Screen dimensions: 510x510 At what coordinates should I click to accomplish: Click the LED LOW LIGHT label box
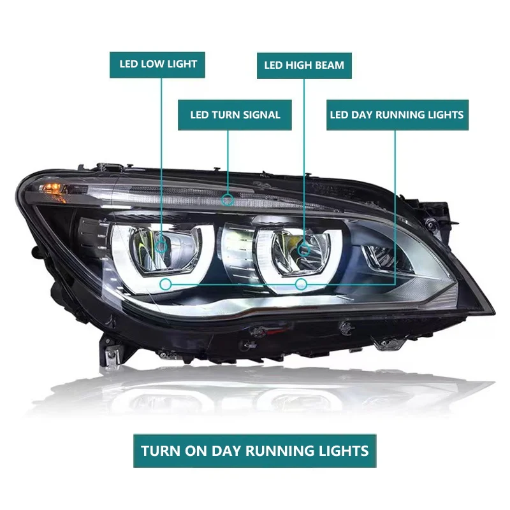click(158, 64)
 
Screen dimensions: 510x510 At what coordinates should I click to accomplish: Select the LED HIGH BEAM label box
click(303, 66)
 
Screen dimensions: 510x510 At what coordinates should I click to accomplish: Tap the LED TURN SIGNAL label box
click(235, 115)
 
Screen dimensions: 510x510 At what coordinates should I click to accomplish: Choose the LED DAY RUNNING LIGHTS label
click(396, 115)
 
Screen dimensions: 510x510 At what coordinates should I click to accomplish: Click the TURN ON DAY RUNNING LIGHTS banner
click(254, 451)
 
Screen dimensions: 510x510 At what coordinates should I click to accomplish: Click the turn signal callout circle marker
click(228, 200)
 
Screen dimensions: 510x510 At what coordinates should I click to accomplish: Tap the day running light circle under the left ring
click(166, 284)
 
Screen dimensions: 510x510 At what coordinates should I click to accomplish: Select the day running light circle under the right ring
click(302, 284)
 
